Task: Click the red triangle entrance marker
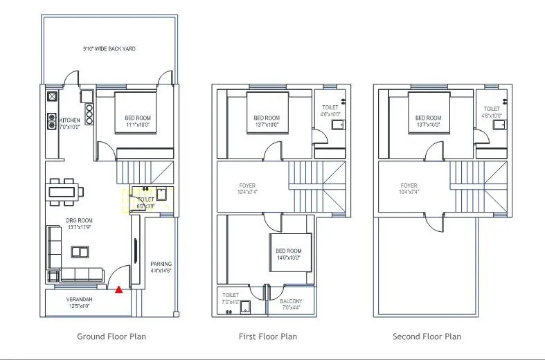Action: click(x=118, y=289)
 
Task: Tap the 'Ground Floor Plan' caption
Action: click(x=111, y=336)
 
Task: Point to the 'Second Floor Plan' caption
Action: click(x=427, y=336)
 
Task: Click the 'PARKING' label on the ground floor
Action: click(x=161, y=264)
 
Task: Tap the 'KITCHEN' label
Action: click(x=69, y=120)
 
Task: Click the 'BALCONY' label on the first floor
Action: click(x=291, y=302)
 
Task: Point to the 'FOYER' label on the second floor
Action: click(x=409, y=186)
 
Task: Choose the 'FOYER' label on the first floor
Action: click(x=247, y=186)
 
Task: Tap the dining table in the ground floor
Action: click(x=65, y=190)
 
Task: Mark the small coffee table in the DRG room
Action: click(x=80, y=251)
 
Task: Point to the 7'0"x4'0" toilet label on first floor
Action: click(x=231, y=298)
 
